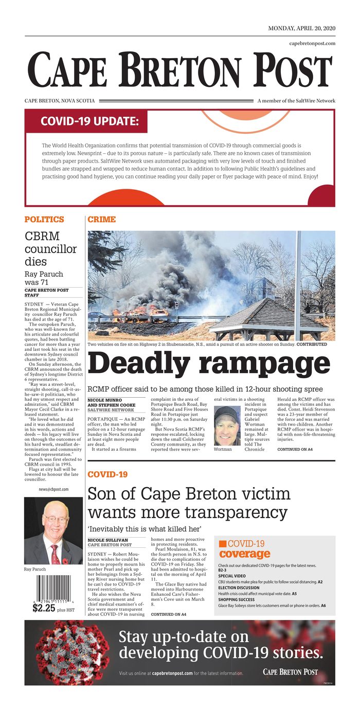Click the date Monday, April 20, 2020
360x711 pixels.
point(301,28)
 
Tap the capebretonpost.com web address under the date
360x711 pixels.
point(312,43)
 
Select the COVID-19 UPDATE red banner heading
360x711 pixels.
point(89,121)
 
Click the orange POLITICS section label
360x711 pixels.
point(44,219)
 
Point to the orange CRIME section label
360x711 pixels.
point(101,219)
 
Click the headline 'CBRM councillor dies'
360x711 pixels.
point(51,249)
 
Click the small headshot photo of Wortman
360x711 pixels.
point(227,425)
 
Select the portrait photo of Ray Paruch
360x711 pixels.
point(53,530)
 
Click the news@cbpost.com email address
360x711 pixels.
point(53,489)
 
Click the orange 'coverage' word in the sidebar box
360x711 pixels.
point(244,554)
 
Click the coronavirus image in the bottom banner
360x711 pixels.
point(72,652)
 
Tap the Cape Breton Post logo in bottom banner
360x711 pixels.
point(290,672)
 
